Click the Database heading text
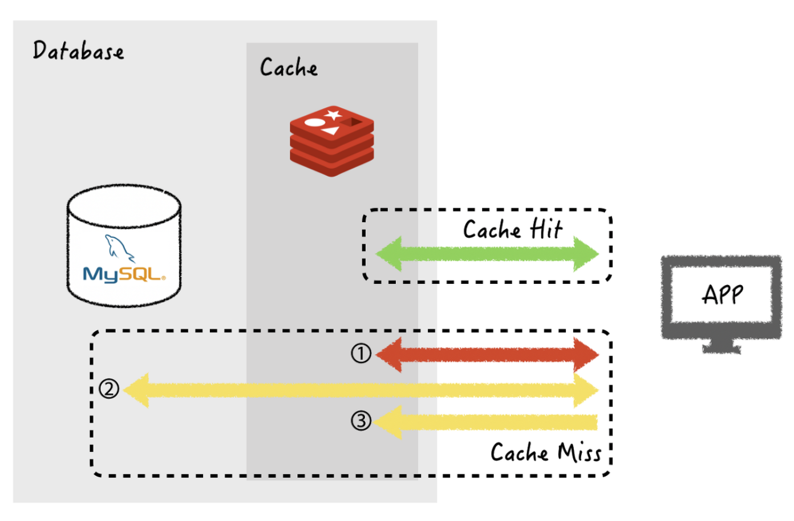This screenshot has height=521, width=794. click(x=78, y=50)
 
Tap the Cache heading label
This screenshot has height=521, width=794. click(x=289, y=67)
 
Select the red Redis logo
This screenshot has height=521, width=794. click(x=332, y=141)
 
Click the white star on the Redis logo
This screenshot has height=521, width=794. click(x=333, y=115)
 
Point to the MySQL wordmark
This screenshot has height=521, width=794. click(x=124, y=275)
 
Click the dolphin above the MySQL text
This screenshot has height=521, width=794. click(x=119, y=248)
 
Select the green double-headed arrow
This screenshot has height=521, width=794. click(x=487, y=254)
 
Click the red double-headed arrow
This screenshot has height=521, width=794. click(x=487, y=355)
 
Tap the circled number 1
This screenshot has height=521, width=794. click(x=361, y=353)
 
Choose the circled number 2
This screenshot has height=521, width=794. click(x=109, y=389)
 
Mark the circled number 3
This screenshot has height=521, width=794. click(x=361, y=421)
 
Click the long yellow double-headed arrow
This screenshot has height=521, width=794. click(x=361, y=390)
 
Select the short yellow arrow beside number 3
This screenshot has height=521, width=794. click(x=485, y=422)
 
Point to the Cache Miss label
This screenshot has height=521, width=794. click(x=546, y=452)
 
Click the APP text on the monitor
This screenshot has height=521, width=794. click(x=722, y=294)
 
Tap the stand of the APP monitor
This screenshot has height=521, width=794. click(x=722, y=346)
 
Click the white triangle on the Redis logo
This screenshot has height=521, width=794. click(x=330, y=131)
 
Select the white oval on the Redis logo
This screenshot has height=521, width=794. click(x=315, y=123)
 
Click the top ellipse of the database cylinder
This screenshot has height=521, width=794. click(x=124, y=206)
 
